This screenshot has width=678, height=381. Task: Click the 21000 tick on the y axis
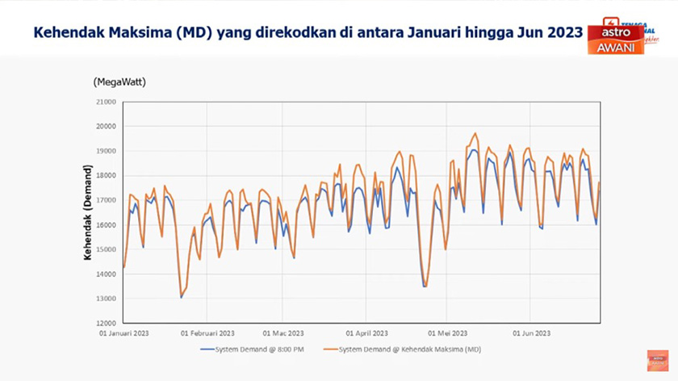click(x=105, y=102)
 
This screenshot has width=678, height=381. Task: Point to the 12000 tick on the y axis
click(x=105, y=323)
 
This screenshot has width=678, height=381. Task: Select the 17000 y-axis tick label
click(x=105, y=200)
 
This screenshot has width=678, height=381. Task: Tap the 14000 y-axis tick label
click(x=105, y=274)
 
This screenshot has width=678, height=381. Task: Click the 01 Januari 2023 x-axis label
click(x=123, y=333)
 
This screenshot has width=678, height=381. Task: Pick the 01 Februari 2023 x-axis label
click(x=207, y=333)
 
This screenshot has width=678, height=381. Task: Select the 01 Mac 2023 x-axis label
click(x=282, y=333)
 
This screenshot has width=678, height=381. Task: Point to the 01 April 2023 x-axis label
click(x=367, y=333)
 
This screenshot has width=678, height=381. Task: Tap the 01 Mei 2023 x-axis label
click(x=448, y=333)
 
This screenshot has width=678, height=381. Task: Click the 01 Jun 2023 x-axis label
click(x=532, y=333)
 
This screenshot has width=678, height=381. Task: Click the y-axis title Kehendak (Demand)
click(x=87, y=211)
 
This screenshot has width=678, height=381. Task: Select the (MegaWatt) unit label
click(x=119, y=82)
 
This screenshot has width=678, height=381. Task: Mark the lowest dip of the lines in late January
click(x=181, y=297)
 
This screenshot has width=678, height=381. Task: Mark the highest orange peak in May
click(x=475, y=133)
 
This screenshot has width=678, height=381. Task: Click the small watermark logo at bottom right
click(x=658, y=360)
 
